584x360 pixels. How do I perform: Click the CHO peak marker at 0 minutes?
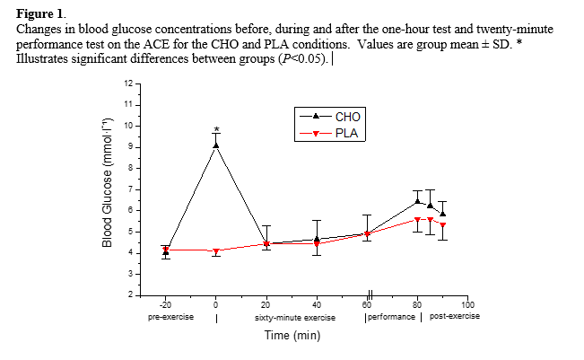tap(216, 144)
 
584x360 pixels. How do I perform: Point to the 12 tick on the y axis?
tap(127, 83)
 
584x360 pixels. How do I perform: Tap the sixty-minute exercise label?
tap(292, 317)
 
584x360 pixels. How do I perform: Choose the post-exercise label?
tap(455, 317)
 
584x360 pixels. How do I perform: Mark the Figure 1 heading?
tap(37, 15)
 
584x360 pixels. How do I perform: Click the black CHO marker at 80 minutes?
tap(417, 200)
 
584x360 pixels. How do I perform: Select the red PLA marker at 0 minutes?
tap(216, 250)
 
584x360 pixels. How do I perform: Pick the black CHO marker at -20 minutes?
tap(166, 252)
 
